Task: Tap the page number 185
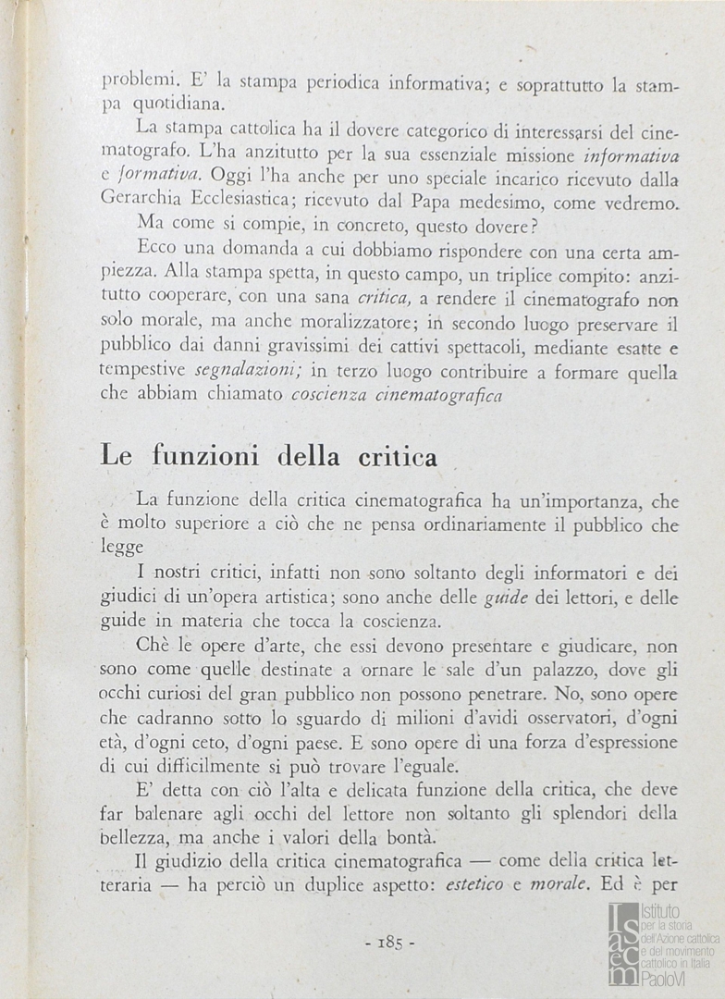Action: point(389,943)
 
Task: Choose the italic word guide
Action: point(506,598)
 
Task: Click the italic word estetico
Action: point(474,884)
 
